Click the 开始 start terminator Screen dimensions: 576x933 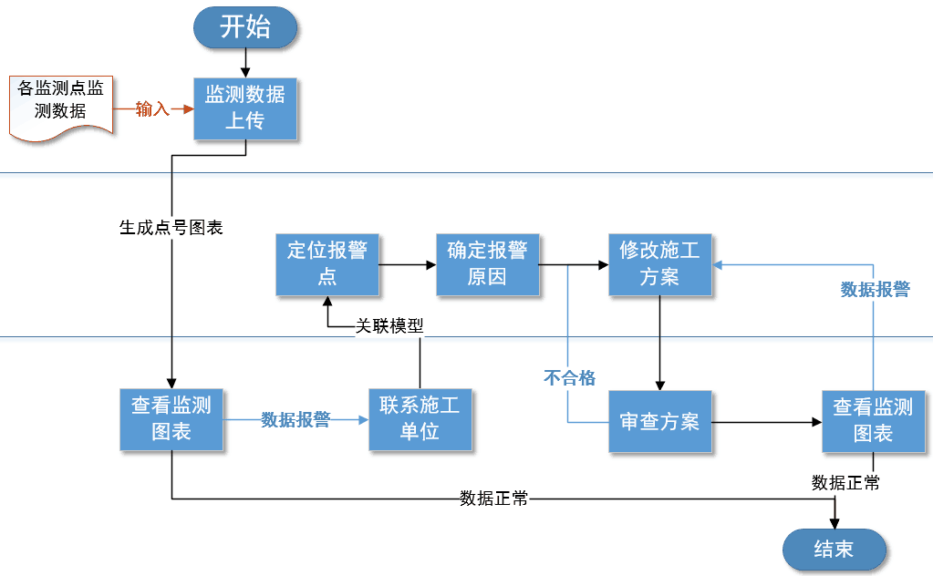[x=244, y=27]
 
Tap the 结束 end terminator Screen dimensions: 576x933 [x=834, y=550]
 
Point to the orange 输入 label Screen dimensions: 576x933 [x=152, y=109]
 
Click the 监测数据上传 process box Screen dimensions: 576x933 [x=245, y=108]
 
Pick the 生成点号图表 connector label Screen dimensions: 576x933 [x=171, y=228]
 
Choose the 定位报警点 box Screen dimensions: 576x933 [x=327, y=264]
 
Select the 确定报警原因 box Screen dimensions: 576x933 [x=487, y=264]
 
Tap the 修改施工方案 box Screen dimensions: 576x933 [x=659, y=264]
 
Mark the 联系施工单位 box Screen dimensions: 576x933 [x=420, y=419]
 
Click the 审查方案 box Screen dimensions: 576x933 [x=659, y=422]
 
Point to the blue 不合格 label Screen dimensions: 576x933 [x=569, y=377]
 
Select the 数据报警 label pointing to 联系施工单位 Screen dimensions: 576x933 [x=295, y=420]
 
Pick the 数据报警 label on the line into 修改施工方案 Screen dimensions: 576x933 [x=874, y=290]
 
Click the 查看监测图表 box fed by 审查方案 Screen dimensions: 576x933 [x=873, y=421]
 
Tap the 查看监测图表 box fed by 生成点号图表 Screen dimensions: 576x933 [x=171, y=419]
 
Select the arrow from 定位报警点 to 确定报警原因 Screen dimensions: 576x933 [x=407, y=265]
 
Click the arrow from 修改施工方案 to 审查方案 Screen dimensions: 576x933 [x=659, y=344]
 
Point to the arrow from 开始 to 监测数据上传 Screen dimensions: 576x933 [x=245, y=63]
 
